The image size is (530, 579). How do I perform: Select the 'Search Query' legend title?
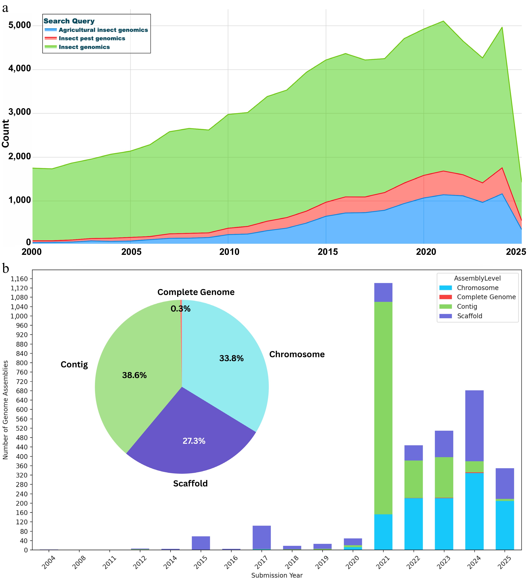pos(69,21)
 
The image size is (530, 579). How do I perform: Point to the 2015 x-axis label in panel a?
pos(328,252)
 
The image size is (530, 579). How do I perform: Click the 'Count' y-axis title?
pos(6,134)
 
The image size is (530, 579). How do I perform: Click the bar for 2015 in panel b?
pos(201,543)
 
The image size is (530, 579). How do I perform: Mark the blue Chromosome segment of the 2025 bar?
pos(505,526)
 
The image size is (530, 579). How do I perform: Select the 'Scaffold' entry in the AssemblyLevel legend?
pos(469,316)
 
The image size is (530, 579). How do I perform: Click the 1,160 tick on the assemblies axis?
pos(19,279)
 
